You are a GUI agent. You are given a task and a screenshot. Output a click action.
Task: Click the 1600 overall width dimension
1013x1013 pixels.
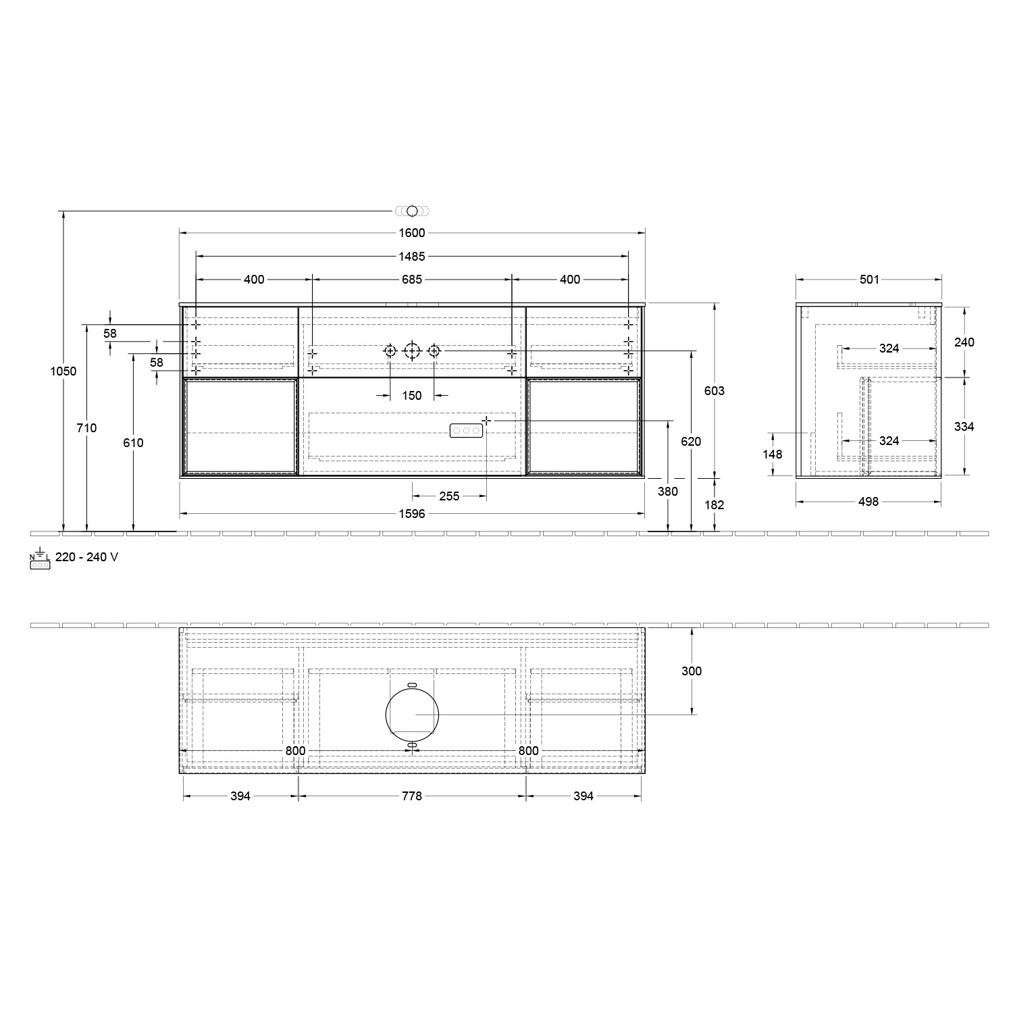tap(412, 233)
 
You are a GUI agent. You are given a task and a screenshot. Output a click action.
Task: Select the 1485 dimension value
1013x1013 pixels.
tap(412, 257)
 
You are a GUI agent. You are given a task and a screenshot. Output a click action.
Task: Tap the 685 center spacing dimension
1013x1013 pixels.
tap(412, 280)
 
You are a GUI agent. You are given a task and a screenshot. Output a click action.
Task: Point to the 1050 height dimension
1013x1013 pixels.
tap(63, 371)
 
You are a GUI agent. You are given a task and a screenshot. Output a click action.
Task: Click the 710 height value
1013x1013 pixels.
tap(87, 427)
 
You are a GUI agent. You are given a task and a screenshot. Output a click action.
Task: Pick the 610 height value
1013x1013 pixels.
tap(134, 442)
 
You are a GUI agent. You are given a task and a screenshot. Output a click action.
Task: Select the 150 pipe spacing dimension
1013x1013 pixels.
tap(412, 396)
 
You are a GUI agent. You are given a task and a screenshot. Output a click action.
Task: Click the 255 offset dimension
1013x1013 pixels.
tap(449, 496)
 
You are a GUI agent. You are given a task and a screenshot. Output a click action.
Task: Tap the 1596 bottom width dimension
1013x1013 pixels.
tap(412, 514)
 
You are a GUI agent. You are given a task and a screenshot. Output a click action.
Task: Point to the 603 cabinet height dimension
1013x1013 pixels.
tap(715, 390)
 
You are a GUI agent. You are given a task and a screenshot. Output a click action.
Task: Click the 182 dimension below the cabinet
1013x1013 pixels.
tap(715, 504)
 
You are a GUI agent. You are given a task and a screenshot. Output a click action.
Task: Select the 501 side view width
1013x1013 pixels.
tap(869, 280)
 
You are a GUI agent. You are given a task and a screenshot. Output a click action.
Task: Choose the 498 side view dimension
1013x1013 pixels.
tap(868, 502)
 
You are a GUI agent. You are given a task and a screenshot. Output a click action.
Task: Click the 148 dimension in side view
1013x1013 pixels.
tap(773, 454)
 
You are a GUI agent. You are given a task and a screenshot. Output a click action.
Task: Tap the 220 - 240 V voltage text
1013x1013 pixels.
tap(86, 557)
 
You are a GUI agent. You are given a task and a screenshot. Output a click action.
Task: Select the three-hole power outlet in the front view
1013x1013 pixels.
tap(466, 430)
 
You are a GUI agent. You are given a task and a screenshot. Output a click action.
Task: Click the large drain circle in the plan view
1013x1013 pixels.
tap(412, 714)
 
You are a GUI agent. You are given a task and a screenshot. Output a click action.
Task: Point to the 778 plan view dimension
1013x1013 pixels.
tap(412, 796)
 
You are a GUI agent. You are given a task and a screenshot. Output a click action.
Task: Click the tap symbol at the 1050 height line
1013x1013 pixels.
tap(412, 211)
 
